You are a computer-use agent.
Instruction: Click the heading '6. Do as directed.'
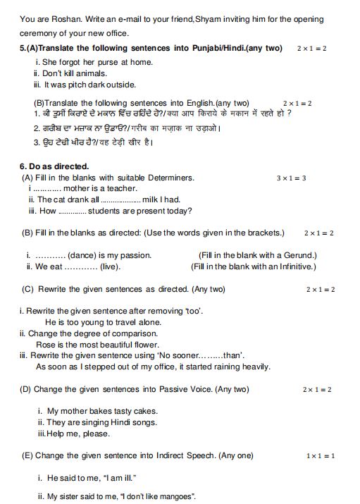(54, 166)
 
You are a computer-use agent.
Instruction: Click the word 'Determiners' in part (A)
(170, 178)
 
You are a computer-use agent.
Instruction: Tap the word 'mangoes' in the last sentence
(175, 496)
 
